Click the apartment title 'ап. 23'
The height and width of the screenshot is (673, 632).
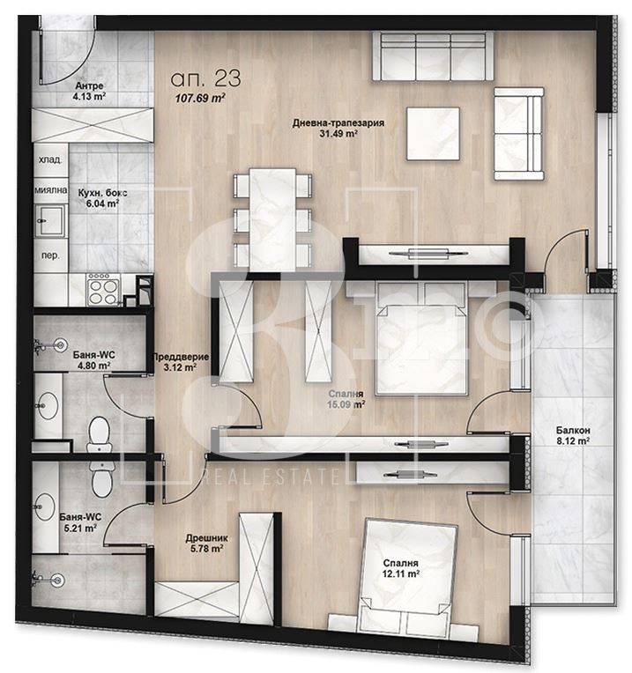(x=205, y=78)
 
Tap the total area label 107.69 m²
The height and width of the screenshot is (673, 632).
(x=200, y=99)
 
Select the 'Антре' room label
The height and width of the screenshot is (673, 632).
(x=89, y=85)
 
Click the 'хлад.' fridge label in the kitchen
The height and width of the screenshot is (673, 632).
(x=50, y=160)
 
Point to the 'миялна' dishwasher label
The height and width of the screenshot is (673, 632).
(x=50, y=189)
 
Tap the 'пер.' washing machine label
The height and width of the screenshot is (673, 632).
(x=50, y=255)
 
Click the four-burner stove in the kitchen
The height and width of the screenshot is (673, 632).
(x=103, y=289)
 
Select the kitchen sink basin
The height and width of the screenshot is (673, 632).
(x=50, y=220)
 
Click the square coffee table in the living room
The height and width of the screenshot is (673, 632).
(x=433, y=134)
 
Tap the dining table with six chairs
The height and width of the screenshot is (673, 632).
(x=272, y=219)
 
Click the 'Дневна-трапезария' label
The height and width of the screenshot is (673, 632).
(x=338, y=123)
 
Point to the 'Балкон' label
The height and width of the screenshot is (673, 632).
(x=573, y=430)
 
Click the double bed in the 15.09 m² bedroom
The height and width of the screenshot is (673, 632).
(x=420, y=338)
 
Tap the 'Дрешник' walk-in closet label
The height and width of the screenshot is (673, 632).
(x=207, y=538)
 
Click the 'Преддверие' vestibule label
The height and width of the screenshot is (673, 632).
(x=181, y=357)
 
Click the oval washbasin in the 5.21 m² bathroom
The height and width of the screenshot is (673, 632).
(x=45, y=507)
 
